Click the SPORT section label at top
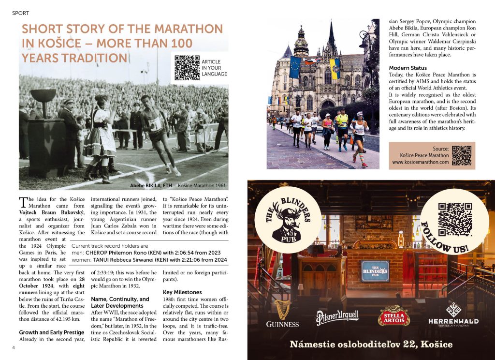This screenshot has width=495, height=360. click(x=20, y=13)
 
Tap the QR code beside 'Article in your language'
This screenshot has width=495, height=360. click(x=187, y=68)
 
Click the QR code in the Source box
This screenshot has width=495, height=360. click(x=461, y=155)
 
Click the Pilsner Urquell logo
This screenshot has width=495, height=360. click(x=337, y=317)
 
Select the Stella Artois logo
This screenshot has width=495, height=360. click(x=393, y=315)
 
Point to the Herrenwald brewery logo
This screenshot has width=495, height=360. click(x=453, y=315)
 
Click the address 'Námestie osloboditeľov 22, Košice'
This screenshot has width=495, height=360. click(x=371, y=345)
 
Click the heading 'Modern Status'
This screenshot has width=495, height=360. click(x=408, y=68)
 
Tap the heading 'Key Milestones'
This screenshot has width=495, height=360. click(x=182, y=292)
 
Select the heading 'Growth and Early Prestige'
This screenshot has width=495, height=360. click(x=51, y=332)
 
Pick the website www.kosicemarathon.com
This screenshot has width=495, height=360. click(x=420, y=162)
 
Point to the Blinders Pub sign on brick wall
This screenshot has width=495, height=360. click(x=375, y=271)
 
